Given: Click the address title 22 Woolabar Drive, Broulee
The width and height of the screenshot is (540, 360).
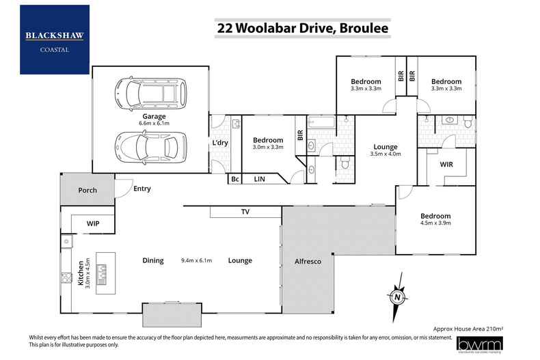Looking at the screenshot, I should tap(294, 28).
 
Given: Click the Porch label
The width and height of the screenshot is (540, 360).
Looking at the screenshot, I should tap(87, 190).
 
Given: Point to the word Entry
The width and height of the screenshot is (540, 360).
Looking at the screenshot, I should tap(142, 189).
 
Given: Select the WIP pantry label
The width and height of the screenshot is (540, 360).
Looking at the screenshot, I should tap(94, 223).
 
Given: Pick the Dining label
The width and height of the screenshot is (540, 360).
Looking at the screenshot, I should tap(152, 260).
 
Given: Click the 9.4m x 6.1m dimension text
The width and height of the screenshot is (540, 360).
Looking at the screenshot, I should tap(197, 260).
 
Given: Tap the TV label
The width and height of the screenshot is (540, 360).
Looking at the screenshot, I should tap(245, 212).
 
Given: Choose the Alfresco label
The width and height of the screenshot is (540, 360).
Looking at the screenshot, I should tap(307, 261).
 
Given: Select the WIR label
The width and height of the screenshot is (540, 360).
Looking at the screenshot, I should tap(447, 165).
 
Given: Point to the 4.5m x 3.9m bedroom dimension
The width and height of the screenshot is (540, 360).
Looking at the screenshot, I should tap(435, 223).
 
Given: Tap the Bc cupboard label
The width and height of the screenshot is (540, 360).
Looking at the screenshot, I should tap(234, 179).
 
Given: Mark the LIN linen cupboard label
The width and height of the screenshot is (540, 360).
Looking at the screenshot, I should tap(259, 179).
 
